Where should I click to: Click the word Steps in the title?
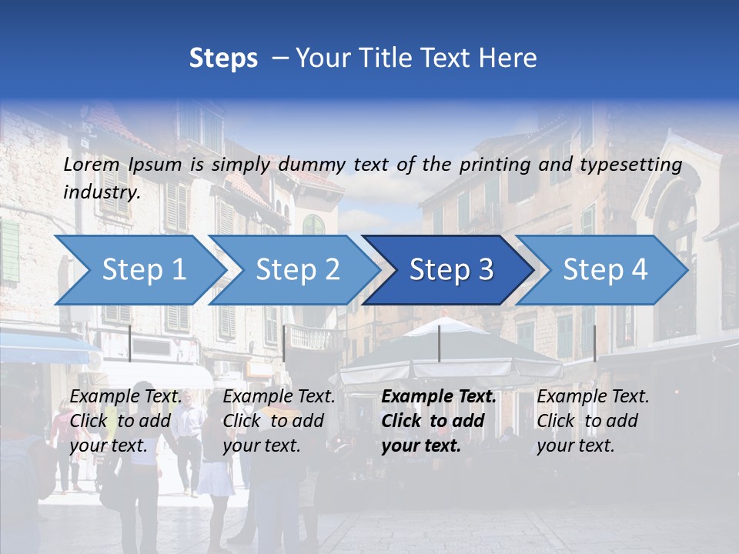click(223, 58)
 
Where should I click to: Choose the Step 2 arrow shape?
click(293, 270)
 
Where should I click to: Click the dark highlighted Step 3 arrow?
click(446, 270)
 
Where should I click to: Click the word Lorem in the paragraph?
click(92, 164)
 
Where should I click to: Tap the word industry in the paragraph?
click(102, 192)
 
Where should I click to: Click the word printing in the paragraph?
click(494, 164)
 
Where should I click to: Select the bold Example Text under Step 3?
click(439, 397)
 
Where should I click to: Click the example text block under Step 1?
click(125, 421)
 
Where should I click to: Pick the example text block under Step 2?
click(279, 421)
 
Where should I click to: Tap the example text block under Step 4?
click(593, 421)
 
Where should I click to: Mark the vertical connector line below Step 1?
click(130, 343)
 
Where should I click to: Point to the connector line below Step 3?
click(439, 343)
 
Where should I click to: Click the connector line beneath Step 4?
click(594, 343)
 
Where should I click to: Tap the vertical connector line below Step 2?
click(284, 343)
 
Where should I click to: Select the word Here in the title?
click(511, 58)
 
